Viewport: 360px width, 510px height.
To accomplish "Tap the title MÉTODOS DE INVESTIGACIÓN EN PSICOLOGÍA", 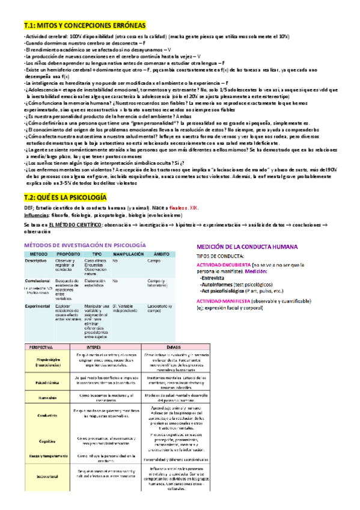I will (x=84, y=246).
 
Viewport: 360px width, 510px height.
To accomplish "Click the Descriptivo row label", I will (x=36, y=260).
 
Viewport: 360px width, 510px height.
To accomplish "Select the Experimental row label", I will (x=37, y=305).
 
